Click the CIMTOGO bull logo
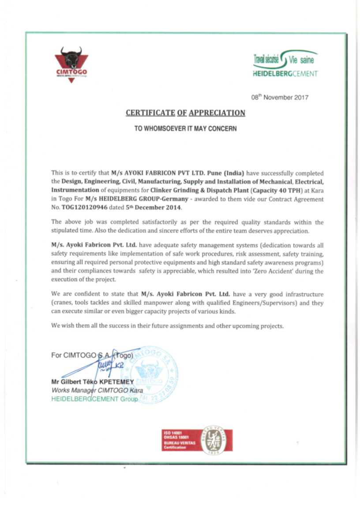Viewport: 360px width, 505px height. point(71,63)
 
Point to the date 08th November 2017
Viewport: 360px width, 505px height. point(280,97)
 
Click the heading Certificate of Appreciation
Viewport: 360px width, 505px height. point(185,113)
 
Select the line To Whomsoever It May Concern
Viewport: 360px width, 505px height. point(185,129)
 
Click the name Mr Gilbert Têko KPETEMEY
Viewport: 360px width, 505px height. point(89,382)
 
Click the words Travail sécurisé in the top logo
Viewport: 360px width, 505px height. point(266,59)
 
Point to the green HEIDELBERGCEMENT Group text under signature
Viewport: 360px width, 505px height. point(94,399)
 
